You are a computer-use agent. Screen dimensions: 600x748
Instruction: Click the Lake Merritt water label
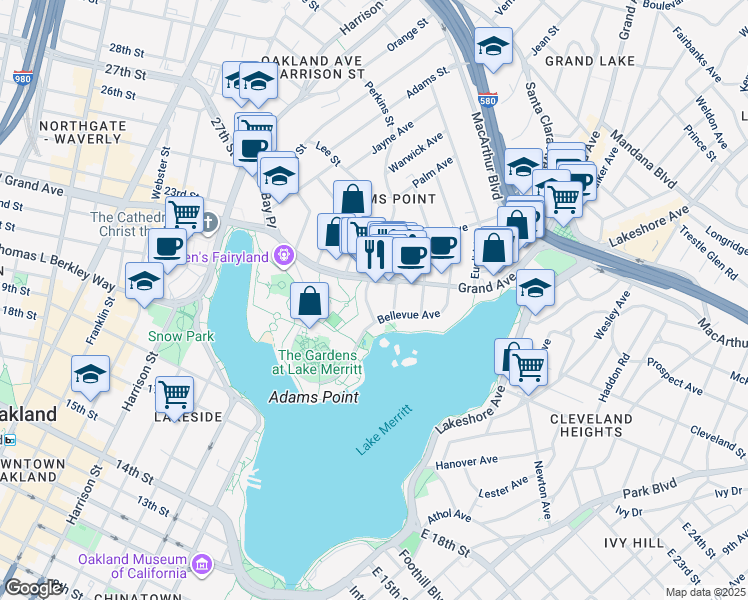tap(384, 431)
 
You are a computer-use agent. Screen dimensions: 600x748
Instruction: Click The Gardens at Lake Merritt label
tap(320, 361)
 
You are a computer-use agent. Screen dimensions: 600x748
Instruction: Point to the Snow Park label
tap(182, 337)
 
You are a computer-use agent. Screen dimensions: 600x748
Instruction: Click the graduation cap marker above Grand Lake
tap(493, 47)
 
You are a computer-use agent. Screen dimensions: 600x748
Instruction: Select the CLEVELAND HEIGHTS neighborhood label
tap(591, 425)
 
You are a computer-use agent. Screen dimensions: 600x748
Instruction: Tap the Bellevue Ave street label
tap(408, 316)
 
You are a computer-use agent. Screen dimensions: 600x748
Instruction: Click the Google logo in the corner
tap(34, 588)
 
